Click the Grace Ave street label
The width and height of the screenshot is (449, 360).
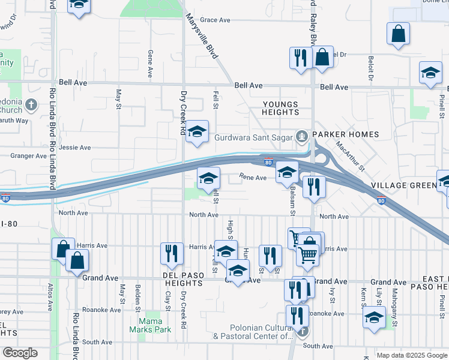215,20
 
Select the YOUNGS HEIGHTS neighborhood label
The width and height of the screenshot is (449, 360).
281,108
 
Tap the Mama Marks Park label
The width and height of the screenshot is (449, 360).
151,325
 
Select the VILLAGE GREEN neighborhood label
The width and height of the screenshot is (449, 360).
403,185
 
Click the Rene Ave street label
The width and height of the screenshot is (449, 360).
253,178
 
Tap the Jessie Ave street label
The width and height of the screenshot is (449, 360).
75,147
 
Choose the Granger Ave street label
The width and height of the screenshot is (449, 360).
29,156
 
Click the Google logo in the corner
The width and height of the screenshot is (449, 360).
20,353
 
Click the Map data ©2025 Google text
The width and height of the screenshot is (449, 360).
412,355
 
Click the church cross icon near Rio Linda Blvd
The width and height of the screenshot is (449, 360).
31,106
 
